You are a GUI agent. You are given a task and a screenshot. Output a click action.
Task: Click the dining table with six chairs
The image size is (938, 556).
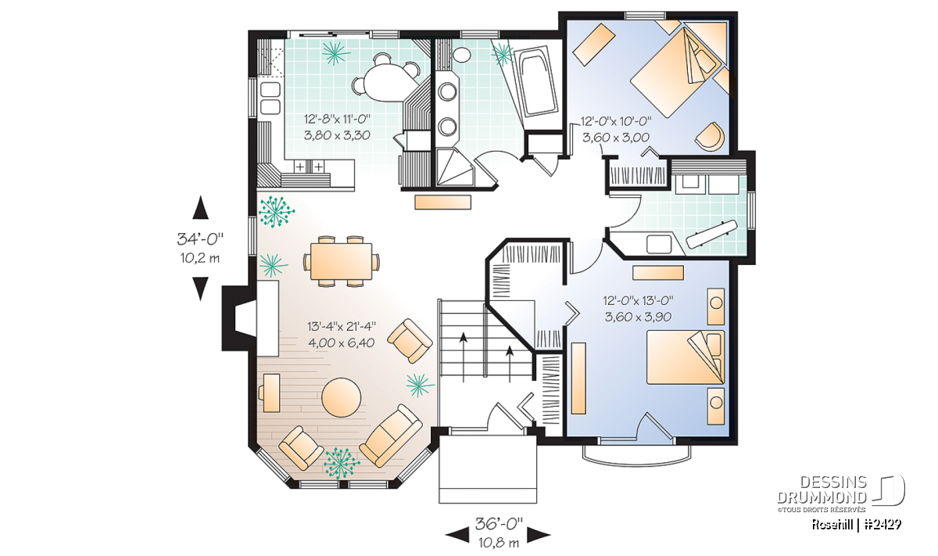(x=342, y=261)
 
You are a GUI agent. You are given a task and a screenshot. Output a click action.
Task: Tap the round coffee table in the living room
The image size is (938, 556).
(x=342, y=397)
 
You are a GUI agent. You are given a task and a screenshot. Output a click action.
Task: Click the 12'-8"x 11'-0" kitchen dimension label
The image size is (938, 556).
(x=337, y=120)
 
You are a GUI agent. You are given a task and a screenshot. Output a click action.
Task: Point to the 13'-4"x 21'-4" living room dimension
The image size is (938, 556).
(x=342, y=326)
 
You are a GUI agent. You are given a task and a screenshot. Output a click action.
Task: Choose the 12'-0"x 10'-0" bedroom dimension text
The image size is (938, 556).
(x=616, y=121)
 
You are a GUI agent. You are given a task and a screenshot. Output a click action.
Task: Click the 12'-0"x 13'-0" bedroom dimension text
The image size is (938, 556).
(x=638, y=300)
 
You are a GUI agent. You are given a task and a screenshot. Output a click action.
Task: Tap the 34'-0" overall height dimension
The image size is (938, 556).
(x=200, y=239)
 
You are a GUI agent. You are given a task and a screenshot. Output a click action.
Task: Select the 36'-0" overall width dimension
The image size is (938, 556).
(x=499, y=524)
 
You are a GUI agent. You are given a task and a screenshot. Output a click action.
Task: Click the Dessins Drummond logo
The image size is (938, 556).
(x=841, y=493)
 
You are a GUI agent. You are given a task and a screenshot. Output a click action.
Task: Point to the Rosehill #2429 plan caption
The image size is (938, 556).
(x=857, y=525)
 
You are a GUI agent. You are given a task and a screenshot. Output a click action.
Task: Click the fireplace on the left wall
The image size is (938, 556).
(x=250, y=318)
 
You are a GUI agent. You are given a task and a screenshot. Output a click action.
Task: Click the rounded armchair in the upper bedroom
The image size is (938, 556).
(x=711, y=136)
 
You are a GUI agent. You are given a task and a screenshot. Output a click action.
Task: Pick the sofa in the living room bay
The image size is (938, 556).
(x=391, y=436)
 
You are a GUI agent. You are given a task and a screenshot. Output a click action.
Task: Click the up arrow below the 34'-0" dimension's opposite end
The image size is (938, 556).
(x=201, y=207)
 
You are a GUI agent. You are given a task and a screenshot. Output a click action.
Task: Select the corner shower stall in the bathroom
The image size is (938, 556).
(x=455, y=167)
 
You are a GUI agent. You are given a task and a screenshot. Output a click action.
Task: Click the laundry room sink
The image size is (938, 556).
(x=659, y=244)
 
